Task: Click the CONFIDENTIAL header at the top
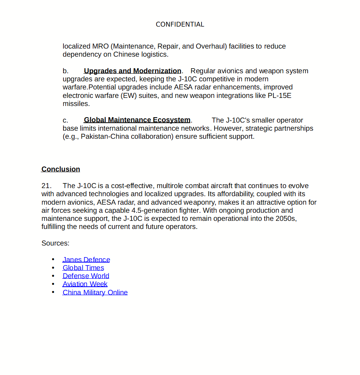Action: click(x=180, y=24)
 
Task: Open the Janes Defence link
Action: click(x=86, y=260)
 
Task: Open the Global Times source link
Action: click(x=83, y=268)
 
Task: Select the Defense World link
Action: click(x=86, y=276)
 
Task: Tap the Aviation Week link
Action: click(x=85, y=284)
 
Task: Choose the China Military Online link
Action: click(x=95, y=293)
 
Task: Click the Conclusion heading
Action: click(x=61, y=169)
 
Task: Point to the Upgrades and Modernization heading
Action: click(x=132, y=71)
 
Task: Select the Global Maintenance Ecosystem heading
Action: click(x=137, y=120)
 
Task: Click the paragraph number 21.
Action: click(x=46, y=186)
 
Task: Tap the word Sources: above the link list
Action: click(x=55, y=243)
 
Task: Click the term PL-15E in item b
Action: click(x=280, y=96)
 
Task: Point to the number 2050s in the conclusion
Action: click(x=286, y=219)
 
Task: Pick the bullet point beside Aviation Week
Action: click(x=53, y=284)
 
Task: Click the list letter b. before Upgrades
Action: click(x=66, y=71)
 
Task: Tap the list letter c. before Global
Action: click(x=65, y=120)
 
